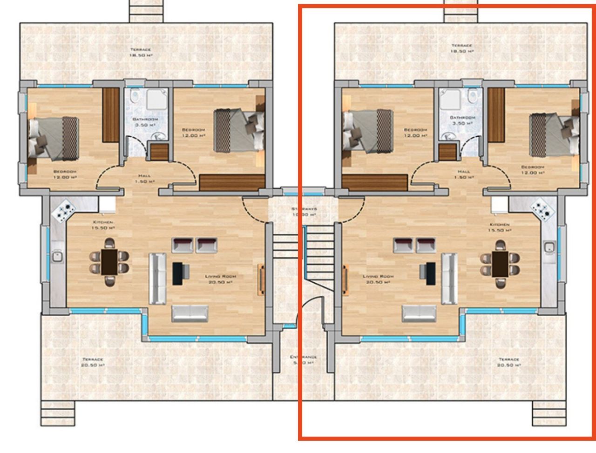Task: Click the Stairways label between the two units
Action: point(304,212)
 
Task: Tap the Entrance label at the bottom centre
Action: point(304,360)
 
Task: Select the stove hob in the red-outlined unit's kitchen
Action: point(542,210)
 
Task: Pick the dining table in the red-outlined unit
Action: point(501,263)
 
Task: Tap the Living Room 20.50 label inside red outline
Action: point(378,279)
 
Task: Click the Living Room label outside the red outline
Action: point(221,279)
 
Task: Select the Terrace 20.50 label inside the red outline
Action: point(508,362)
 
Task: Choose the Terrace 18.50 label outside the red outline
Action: point(141,52)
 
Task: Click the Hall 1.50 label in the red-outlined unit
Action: point(464,174)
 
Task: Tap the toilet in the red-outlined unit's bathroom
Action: point(473,97)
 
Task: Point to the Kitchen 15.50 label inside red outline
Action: point(500,227)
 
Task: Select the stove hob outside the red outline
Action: point(64,211)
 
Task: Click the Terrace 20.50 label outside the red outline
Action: point(93,362)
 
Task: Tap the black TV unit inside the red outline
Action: point(430,273)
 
